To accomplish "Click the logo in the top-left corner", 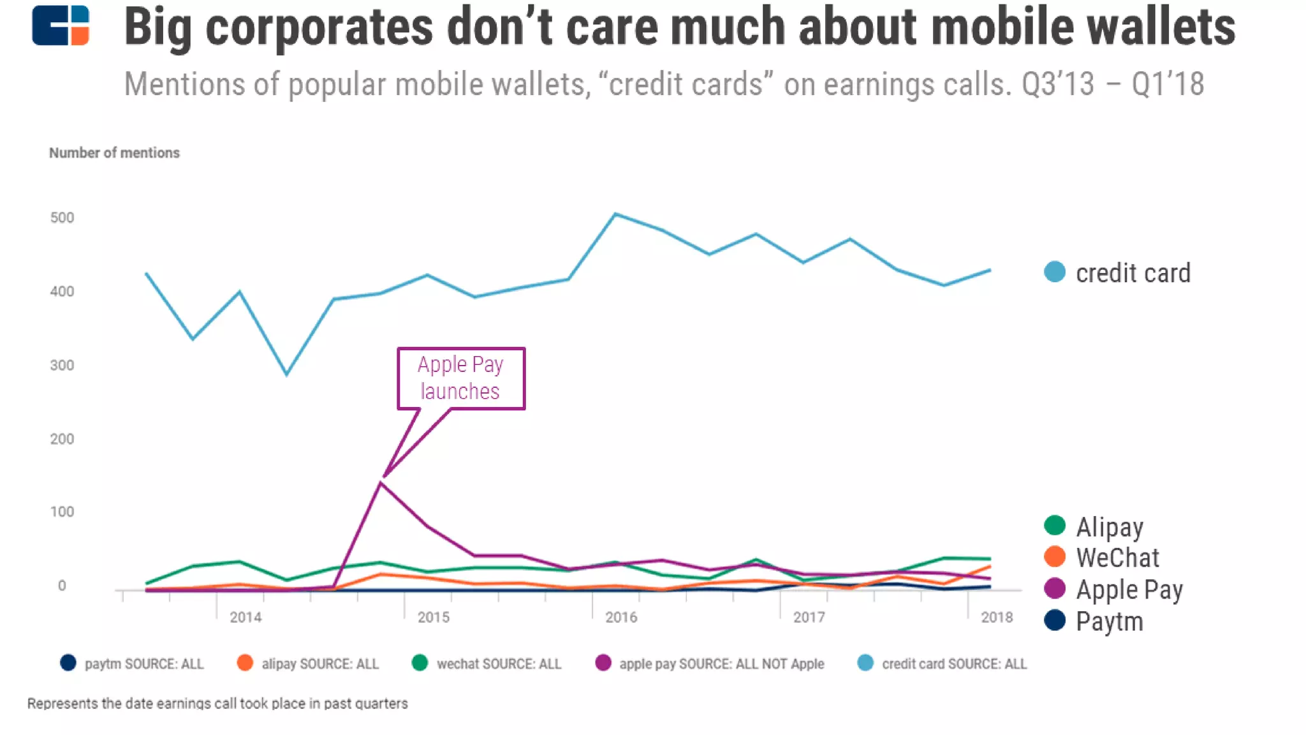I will tap(61, 26).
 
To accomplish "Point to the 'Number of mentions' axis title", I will tap(114, 153).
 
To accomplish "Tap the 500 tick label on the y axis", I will tap(62, 218).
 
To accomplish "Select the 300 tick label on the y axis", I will tap(62, 365).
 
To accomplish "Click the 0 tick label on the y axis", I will tap(62, 585).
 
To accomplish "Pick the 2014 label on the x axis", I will tap(246, 617).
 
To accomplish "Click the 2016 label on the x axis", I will tap(621, 617).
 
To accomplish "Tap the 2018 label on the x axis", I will tap(997, 617).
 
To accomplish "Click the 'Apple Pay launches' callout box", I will tap(461, 378).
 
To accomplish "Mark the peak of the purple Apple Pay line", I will tap(381, 483).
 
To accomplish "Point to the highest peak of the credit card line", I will tap(615, 214).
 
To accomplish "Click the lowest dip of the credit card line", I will tap(286, 375).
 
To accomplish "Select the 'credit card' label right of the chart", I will tap(1133, 273).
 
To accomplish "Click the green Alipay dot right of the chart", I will tap(1055, 526).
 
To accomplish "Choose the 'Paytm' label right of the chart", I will tap(1109, 621).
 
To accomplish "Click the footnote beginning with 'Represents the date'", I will tap(217, 703).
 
